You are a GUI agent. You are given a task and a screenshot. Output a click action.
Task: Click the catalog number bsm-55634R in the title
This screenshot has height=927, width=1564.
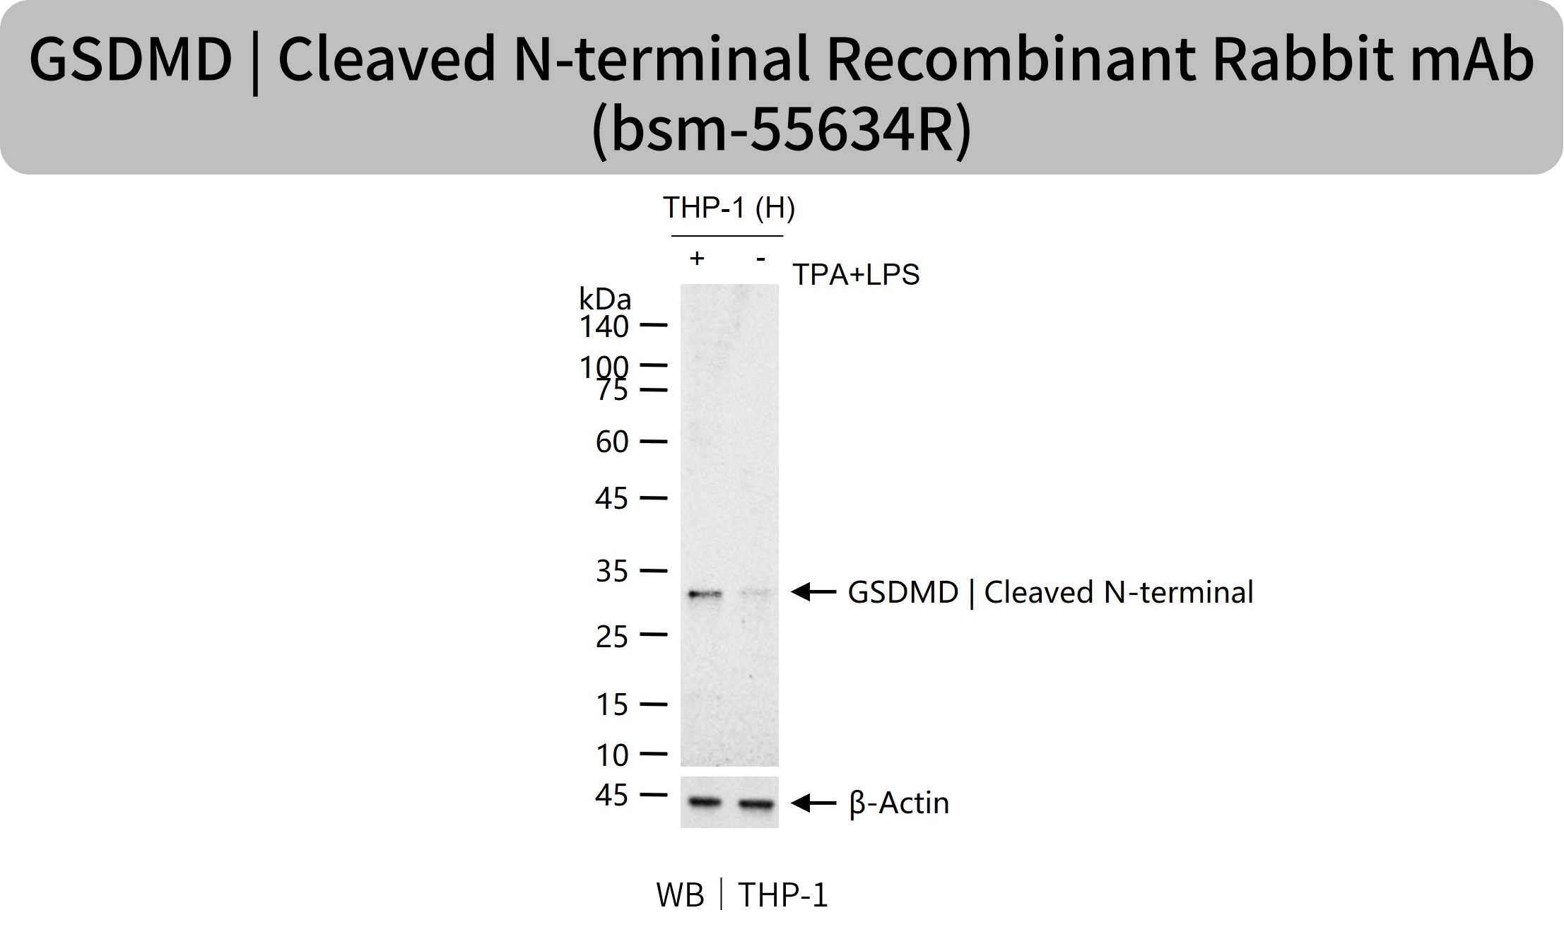[781, 129]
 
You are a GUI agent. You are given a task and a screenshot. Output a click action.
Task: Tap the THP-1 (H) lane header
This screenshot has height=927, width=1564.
[729, 208]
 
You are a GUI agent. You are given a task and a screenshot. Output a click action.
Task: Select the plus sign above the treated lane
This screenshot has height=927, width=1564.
[697, 259]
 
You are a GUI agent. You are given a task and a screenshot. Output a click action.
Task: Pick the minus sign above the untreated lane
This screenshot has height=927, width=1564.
[760, 259]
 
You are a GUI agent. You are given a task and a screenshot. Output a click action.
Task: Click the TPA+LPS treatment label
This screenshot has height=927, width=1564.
[856, 275]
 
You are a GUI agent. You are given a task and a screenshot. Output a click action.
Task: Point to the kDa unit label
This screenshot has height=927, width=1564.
[605, 299]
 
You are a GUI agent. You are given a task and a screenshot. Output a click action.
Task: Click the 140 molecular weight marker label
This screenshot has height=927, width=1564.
[604, 327]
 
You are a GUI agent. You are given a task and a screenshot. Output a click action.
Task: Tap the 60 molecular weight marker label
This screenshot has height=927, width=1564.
[612, 442]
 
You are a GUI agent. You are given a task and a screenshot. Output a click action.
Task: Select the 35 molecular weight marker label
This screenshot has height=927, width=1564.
[612, 571]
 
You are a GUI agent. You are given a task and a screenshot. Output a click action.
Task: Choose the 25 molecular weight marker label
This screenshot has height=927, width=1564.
[612, 637]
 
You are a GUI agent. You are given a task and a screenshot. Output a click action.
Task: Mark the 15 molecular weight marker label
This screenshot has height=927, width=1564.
[612, 704]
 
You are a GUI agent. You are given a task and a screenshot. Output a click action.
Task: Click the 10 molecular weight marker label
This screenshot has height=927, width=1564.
[612, 755]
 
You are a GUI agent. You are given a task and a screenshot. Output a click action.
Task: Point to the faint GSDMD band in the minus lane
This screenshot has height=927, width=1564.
[756, 595]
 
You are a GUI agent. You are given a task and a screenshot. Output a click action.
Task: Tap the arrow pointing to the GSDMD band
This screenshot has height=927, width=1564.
[813, 592]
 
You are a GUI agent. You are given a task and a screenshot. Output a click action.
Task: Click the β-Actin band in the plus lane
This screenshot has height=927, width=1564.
[705, 802]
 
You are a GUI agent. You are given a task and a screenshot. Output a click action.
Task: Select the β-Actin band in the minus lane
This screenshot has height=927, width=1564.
[756, 803]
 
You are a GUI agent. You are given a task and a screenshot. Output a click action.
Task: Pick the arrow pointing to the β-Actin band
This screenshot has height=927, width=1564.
[813, 803]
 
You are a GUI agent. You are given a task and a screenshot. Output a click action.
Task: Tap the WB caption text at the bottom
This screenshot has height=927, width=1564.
[680, 895]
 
